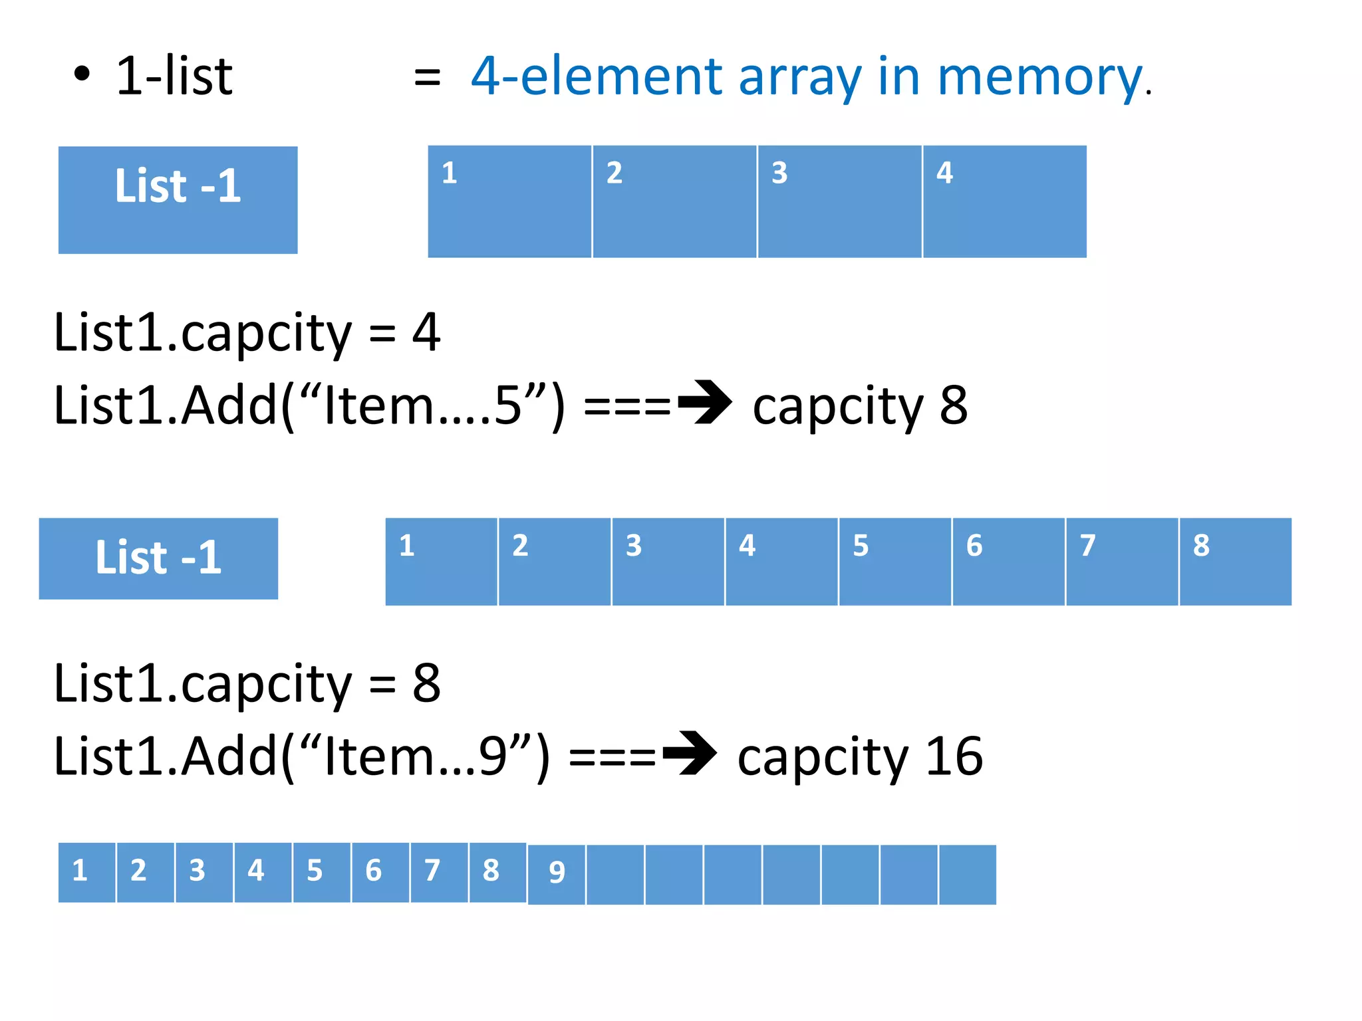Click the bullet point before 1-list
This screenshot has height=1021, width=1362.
tap(81, 74)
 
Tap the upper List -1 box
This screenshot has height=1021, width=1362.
tap(178, 199)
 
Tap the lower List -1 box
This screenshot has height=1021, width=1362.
tap(158, 558)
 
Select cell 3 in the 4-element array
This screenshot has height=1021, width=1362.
tap(839, 201)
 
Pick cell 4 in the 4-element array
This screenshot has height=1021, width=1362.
tap(1004, 201)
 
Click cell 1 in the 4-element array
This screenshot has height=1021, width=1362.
tap(509, 201)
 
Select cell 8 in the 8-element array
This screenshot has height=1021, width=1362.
tap(1235, 562)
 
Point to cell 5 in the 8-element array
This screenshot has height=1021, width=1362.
tap(894, 562)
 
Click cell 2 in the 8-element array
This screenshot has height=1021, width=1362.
tap(554, 562)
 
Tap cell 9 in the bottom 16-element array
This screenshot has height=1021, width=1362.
tap(557, 873)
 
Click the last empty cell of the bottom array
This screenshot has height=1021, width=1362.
tap(968, 875)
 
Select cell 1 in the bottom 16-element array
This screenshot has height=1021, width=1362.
tap(86, 872)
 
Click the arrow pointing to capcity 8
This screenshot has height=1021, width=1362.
tap(705, 402)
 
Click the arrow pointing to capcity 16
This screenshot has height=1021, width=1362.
tap(690, 753)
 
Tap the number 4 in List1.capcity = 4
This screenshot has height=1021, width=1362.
tap(426, 332)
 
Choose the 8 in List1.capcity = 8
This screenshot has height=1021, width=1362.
tap(426, 683)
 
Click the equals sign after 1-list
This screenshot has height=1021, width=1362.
tap(427, 77)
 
